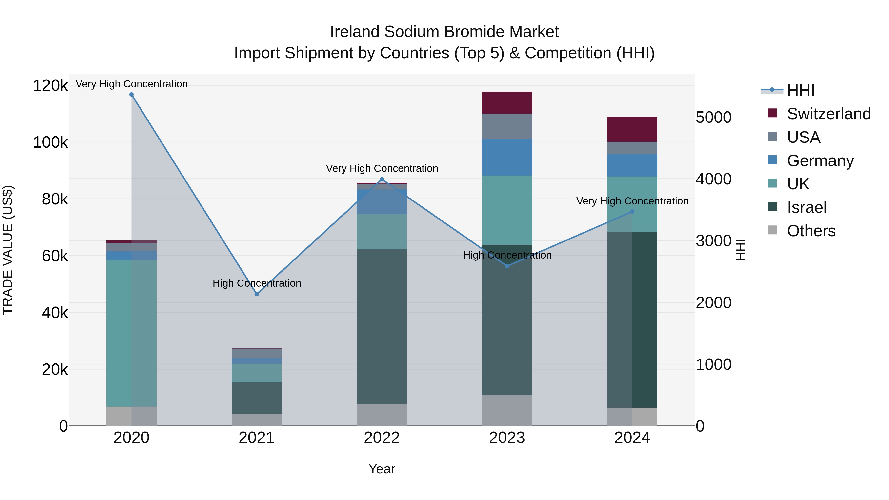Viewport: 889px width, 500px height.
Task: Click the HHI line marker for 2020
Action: click(131, 95)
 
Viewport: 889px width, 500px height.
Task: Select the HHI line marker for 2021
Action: click(256, 294)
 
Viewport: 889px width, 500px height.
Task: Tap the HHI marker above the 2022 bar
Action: click(382, 179)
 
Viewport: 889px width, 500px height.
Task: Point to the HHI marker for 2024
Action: click(632, 212)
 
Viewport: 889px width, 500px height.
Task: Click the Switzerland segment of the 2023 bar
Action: click(507, 103)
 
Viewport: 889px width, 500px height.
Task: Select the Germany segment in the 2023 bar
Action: click(507, 157)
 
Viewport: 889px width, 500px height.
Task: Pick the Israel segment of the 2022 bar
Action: click(382, 326)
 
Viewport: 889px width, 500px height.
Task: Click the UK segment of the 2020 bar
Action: click(131, 333)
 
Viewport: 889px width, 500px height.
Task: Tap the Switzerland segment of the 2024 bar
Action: click(632, 129)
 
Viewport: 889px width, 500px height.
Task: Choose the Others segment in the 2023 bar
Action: click(507, 410)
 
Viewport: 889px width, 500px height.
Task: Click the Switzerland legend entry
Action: click(828, 114)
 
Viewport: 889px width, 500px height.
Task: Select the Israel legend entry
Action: click(807, 207)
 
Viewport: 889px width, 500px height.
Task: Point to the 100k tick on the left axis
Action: click(50, 142)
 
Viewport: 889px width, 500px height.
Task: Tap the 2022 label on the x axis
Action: click(382, 438)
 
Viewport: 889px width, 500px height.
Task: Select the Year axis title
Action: click(382, 469)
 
